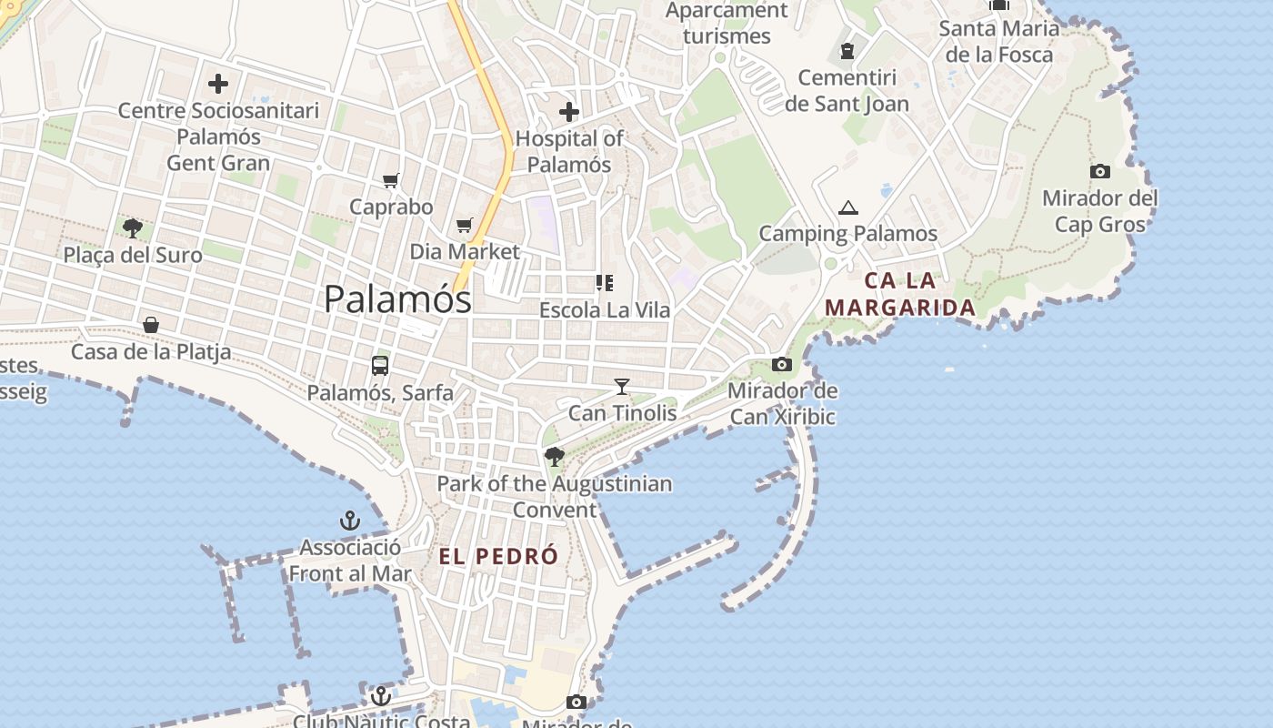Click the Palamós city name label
pyautogui.click(x=397, y=298)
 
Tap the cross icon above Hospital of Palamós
pyautogui.click(x=569, y=112)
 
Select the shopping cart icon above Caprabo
pyautogui.click(x=391, y=180)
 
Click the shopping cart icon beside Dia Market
pyautogui.click(x=465, y=225)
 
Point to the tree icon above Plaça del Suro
pyautogui.click(x=133, y=227)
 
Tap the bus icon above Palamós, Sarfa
pyautogui.click(x=380, y=366)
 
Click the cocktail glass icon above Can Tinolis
pyautogui.click(x=622, y=387)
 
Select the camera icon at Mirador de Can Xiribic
pyautogui.click(x=781, y=365)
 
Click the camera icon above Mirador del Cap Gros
pyautogui.click(x=1099, y=171)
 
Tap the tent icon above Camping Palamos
pyautogui.click(x=848, y=207)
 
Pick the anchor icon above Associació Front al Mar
pyautogui.click(x=350, y=521)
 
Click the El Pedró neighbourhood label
pyautogui.click(x=498, y=557)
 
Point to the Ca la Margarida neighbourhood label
pyautogui.click(x=900, y=294)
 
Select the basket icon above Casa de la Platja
pyautogui.click(x=151, y=325)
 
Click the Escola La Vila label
pyautogui.click(x=605, y=309)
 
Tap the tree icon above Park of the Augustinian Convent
pyautogui.click(x=554, y=457)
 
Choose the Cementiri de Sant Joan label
pyautogui.click(x=847, y=91)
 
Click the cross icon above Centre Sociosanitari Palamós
pyautogui.click(x=218, y=85)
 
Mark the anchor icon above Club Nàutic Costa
pyautogui.click(x=381, y=696)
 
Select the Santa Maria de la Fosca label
pyautogui.click(x=998, y=41)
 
